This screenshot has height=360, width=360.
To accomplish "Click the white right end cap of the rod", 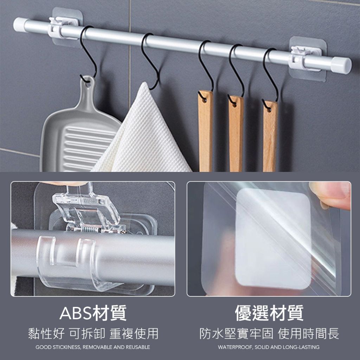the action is pyautogui.click(x=341, y=65).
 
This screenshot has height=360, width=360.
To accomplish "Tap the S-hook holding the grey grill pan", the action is pyautogui.click(x=88, y=54).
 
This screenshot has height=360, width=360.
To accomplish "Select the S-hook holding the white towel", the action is pyautogui.click(x=150, y=60).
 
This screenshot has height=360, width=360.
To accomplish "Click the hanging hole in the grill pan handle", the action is pyautogui.click(x=88, y=84).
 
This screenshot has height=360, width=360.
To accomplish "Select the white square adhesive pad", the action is pyautogui.click(x=273, y=239).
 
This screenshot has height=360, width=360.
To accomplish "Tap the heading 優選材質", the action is pyautogui.click(x=269, y=313).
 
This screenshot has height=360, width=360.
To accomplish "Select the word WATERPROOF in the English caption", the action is pyautogui.click(x=236, y=347).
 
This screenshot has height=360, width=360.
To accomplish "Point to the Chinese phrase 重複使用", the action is pyautogui.click(x=134, y=334).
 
